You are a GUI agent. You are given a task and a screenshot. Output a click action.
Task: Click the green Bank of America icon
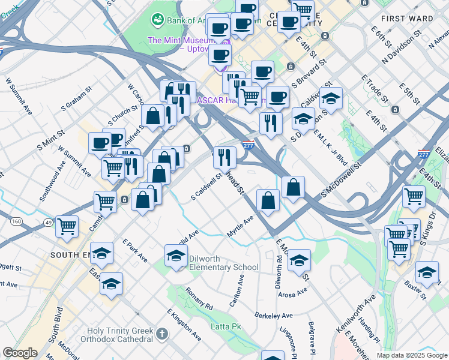click(x=158, y=20)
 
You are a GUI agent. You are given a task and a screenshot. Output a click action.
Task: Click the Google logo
click(x=20, y=353)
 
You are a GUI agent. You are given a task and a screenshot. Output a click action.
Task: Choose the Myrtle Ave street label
click(x=240, y=227)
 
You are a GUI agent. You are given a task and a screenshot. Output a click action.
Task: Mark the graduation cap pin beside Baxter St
click(x=427, y=273)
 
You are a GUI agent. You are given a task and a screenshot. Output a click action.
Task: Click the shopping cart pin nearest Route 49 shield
click(x=67, y=226)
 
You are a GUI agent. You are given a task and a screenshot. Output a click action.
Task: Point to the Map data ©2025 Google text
click(x=412, y=355)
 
